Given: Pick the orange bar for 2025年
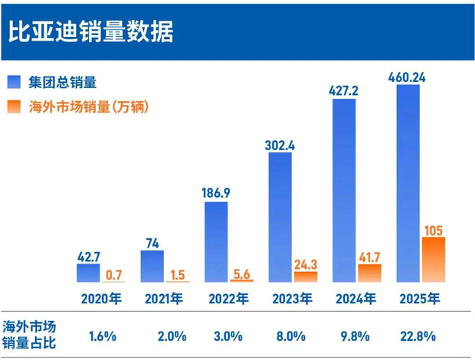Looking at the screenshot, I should [434, 259].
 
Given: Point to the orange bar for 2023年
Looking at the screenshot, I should [306, 277].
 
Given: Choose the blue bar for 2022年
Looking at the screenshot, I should [217, 241].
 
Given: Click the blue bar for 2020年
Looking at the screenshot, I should [89, 273].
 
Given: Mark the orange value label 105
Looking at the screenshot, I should [434, 229].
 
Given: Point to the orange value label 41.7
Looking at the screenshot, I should [370, 255].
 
